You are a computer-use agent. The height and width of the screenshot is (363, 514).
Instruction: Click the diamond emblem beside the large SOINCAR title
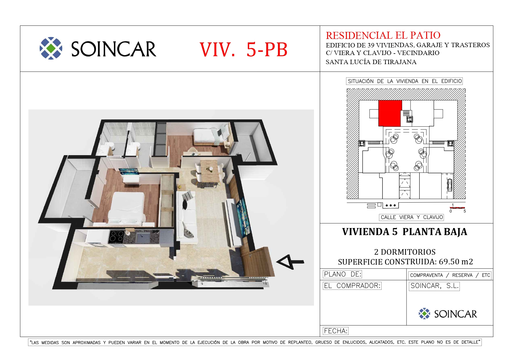[x=51, y=48]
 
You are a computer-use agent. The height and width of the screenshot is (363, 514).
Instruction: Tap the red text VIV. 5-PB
[x=243, y=49]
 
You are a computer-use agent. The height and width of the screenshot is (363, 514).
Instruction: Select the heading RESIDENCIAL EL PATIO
[x=383, y=35]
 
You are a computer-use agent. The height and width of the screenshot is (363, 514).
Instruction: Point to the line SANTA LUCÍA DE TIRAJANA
[x=371, y=62]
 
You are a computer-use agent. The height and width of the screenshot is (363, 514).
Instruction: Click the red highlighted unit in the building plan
[x=390, y=113]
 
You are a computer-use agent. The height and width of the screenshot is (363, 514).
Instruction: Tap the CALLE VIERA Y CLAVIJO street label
[x=411, y=217]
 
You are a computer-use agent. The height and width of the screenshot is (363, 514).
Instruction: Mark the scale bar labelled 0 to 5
[x=457, y=208]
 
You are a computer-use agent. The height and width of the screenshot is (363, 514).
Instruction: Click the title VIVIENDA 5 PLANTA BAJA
[x=404, y=232]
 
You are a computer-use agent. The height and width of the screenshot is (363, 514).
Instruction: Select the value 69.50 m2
[x=456, y=262]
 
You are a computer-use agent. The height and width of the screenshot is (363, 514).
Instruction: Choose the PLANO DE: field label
[x=342, y=274]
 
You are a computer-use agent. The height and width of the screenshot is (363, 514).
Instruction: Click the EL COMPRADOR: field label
[x=352, y=286]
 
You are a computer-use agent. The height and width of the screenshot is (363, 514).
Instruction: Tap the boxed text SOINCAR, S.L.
[x=434, y=286]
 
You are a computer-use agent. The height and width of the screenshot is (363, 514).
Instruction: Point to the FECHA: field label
[x=336, y=331]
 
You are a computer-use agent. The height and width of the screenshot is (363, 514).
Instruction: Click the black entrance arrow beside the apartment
[x=290, y=262]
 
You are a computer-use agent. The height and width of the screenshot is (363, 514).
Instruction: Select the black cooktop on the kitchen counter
[x=116, y=237]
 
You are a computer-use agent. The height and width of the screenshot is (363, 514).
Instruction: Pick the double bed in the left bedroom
[x=127, y=208]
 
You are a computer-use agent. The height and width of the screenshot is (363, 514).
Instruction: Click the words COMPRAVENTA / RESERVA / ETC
[x=450, y=275]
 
